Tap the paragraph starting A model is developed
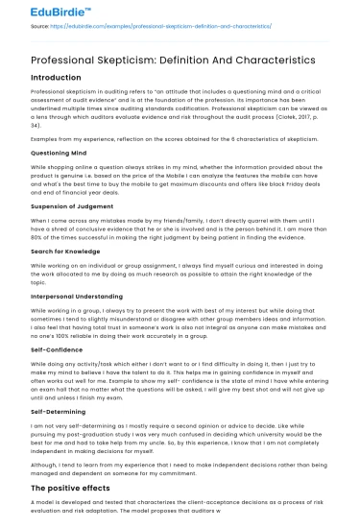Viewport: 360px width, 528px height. coord(178,510)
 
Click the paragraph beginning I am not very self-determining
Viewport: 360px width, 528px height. coord(178,438)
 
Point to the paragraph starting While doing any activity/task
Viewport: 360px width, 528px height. coord(178,381)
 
